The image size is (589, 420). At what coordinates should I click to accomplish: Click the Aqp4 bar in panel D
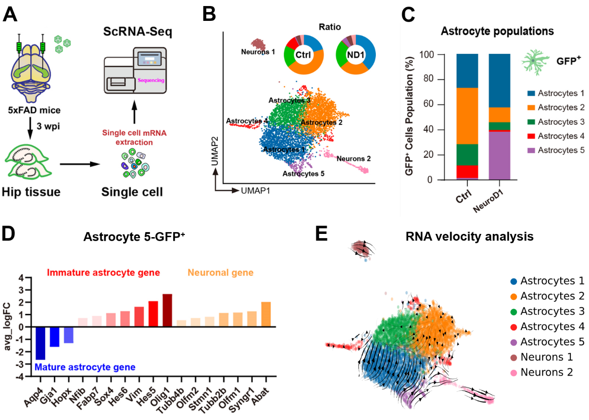(x=40, y=343)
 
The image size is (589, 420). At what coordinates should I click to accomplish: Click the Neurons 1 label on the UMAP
(x=258, y=52)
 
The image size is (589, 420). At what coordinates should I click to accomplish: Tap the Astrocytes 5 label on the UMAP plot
(x=303, y=174)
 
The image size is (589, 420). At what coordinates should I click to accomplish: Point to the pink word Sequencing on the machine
(x=151, y=80)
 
